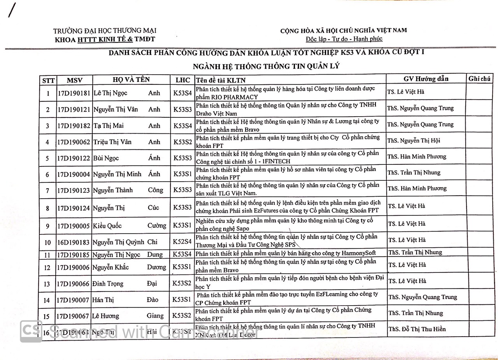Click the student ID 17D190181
point(74,93)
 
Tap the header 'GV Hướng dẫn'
point(426,79)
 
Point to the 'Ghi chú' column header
point(479,79)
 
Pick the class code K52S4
point(182,242)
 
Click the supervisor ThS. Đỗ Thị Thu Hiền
point(417,329)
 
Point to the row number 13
point(47,284)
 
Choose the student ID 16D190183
point(74,243)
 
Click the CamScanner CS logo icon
point(31,331)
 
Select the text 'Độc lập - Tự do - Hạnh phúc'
point(344,39)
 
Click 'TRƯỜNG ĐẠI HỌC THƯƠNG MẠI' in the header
point(105,31)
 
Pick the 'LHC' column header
point(183,80)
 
